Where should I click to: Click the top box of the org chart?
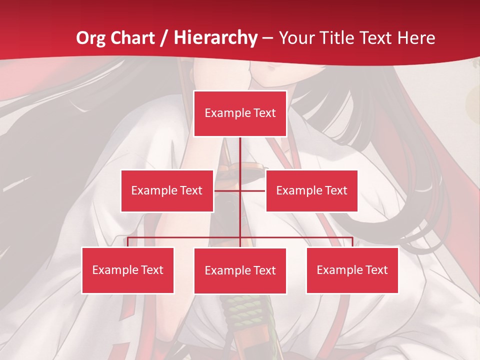tap(240, 113)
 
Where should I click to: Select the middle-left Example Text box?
tap(167, 190)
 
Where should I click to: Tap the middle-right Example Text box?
tap(311, 190)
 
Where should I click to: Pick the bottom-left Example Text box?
tap(128, 270)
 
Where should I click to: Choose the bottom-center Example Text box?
tap(240, 270)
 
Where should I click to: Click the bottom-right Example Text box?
tap(352, 270)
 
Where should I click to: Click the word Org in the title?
tap(90, 38)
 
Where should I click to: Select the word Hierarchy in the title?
tap(215, 38)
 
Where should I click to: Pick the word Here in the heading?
tap(416, 38)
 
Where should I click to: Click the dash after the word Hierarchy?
tap(267, 39)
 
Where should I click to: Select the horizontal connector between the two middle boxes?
tap(240, 190)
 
